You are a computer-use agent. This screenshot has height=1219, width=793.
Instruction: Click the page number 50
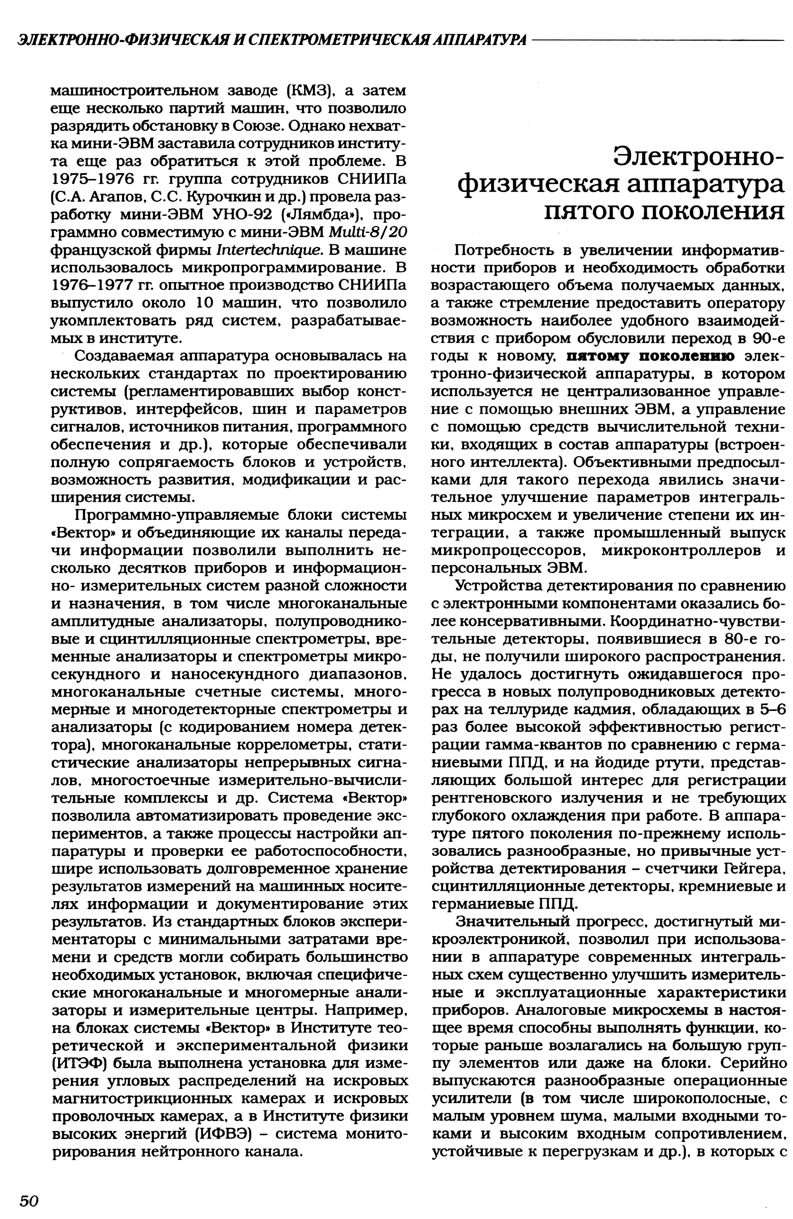click(x=29, y=1200)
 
